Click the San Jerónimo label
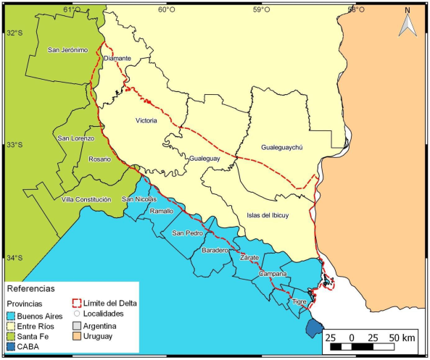(67, 50)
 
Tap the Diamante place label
(117, 58)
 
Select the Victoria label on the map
(146, 120)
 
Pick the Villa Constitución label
(86, 199)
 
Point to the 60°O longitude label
(166, 9)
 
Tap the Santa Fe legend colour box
(11, 336)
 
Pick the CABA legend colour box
(11, 347)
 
